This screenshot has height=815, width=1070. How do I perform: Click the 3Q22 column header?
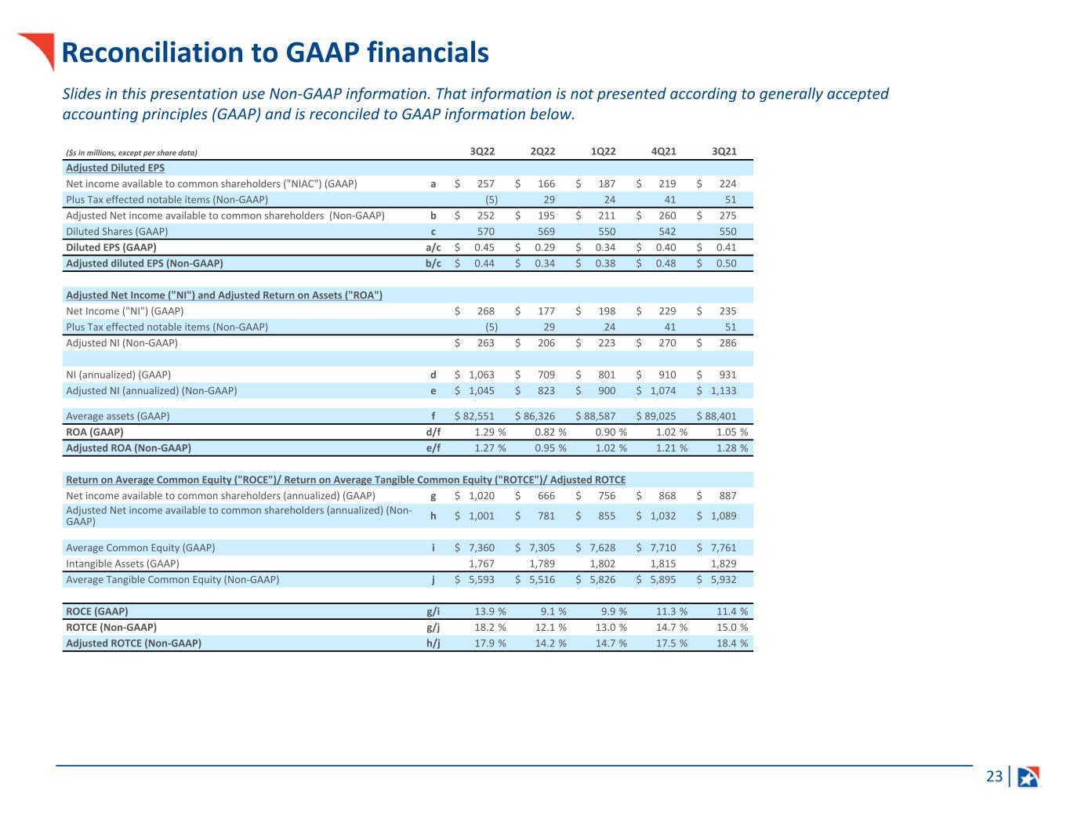[x=482, y=151]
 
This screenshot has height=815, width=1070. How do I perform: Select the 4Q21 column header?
[x=664, y=151]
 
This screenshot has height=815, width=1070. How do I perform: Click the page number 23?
[x=994, y=777]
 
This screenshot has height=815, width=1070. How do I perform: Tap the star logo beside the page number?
[x=1028, y=777]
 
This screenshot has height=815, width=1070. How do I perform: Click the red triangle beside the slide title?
[x=39, y=48]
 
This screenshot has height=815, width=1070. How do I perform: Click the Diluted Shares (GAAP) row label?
[x=117, y=231]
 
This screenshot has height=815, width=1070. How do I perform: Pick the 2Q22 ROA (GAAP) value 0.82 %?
[x=550, y=432]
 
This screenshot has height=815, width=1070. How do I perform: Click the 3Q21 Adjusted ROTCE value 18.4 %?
[x=731, y=643]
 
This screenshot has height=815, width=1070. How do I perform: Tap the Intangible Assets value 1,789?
[x=542, y=563]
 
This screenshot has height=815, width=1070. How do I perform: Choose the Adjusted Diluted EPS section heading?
[x=115, y=168]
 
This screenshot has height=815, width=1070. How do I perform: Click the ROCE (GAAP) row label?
[x=97, y=611]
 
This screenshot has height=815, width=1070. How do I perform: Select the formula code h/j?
[x=433, y=643]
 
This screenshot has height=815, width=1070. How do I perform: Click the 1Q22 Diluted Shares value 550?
[x=607, y=231]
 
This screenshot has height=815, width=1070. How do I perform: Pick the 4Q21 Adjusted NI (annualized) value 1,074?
[x=663, y=390]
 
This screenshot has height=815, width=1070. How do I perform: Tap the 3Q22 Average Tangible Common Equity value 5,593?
[x=481, y=580]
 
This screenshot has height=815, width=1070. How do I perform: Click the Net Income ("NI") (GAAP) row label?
[x=125, y=311]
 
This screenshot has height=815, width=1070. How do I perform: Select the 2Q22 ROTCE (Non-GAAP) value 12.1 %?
[x=550, y=627]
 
